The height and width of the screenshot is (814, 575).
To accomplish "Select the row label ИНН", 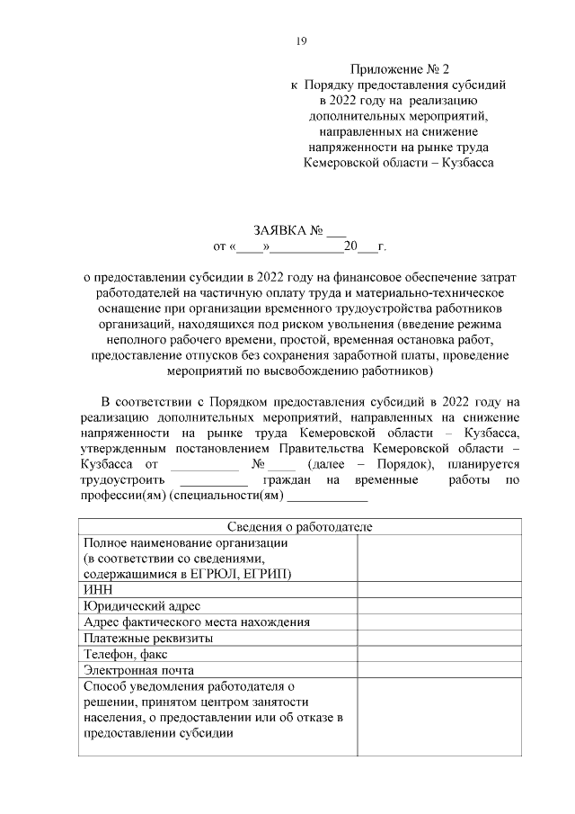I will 97,589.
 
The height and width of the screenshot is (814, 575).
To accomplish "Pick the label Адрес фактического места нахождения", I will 197,622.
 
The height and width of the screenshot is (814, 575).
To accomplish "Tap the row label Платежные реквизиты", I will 147,638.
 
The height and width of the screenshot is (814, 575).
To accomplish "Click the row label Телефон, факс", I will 125,654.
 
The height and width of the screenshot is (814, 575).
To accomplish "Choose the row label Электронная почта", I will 138,670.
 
